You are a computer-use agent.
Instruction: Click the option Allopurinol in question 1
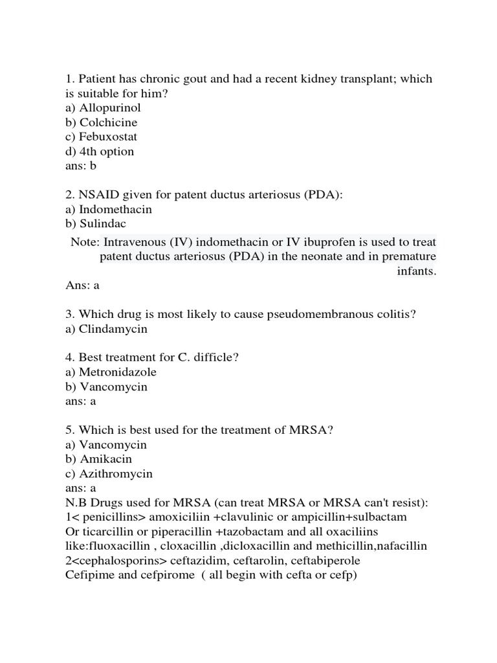click(109, 107)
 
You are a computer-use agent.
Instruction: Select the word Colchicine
click(108, 122)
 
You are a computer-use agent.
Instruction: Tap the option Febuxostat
click(108, 137)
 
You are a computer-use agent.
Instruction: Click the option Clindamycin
click(113, 329)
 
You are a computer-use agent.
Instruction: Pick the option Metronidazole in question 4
click(118, 372)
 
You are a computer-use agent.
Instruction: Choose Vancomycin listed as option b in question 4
click(113, 387)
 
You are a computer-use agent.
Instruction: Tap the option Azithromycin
click(116, 473)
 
